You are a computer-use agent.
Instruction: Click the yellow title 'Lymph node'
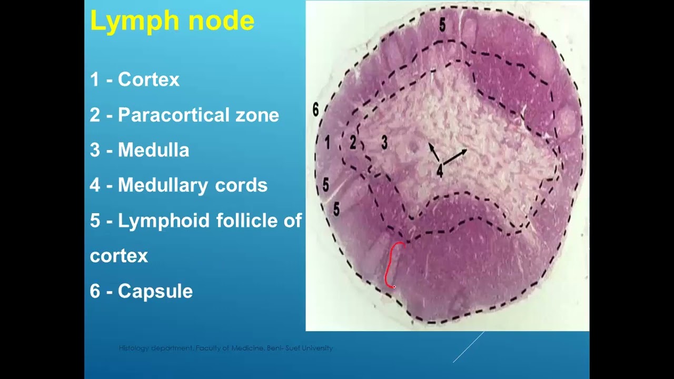point(172,22)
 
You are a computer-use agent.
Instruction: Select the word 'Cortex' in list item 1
point(148,80)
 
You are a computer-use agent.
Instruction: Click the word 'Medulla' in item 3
point(153,151)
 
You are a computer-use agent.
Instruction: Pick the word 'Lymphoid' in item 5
point(161,221)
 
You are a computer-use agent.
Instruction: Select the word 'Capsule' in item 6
point(155,291)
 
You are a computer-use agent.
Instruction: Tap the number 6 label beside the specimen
point(315,109)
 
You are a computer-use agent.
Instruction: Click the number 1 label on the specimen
point(328,142)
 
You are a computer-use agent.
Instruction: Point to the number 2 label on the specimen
point(353,143)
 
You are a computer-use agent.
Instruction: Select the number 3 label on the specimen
point(384,142)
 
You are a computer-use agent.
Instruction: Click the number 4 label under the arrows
point(440,170)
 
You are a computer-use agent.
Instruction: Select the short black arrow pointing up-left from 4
point(433,151)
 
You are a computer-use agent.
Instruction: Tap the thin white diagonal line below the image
point(468,347)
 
